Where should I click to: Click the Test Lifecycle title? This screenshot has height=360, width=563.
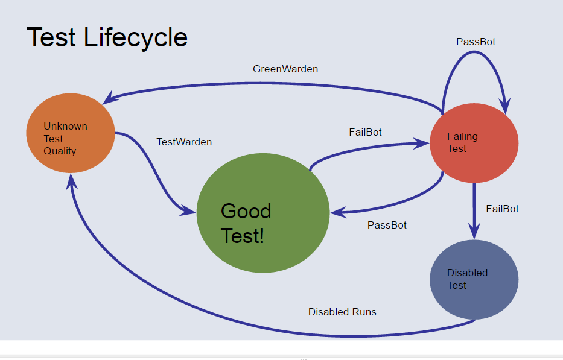[x=107, y=37]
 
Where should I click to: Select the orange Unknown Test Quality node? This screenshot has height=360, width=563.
[x=71, y=133]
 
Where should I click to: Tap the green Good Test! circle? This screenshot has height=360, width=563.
[x=263, y=212]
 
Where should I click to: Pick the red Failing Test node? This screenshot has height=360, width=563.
[x=474, y=143]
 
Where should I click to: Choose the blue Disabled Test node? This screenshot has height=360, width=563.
[x=474, y=279]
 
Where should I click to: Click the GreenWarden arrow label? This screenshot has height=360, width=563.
[x=285, y=69]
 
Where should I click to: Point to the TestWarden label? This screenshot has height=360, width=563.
[x=184, y=142]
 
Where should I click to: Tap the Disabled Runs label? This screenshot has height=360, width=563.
[x=342, y=312]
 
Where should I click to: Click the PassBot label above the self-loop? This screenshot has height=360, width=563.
[x=476, y=42]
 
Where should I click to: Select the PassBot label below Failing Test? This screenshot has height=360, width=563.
[x=387, y=226]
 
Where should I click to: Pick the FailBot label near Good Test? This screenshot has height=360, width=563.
[x=365, y=133]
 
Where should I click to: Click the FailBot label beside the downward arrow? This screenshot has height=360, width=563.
[x=502, y=209]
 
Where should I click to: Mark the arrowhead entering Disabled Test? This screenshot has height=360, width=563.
[x=474, y=232]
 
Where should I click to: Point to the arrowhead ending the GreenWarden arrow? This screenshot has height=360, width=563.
[x=109, y=98]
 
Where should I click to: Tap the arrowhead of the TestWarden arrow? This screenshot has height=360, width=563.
[x=189, y=211]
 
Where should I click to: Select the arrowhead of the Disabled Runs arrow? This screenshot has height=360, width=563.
[x=71, y=179]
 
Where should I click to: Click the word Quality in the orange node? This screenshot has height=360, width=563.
[x=60, y=151]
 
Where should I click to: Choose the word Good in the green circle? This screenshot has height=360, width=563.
[x=246, y=211]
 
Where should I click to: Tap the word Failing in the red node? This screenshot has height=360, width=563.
[x=462, y=137]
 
